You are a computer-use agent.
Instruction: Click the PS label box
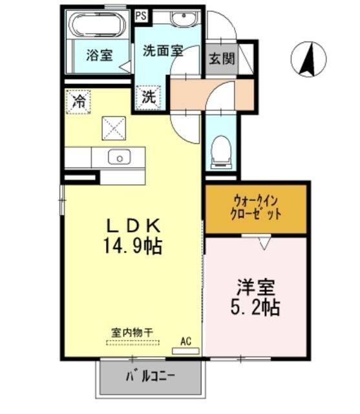(141, 16)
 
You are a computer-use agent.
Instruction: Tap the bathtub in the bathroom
(97, 25)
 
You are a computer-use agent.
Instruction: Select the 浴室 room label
(100, 55)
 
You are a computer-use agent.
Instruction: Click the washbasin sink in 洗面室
(184, 17)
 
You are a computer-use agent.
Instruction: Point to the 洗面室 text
(164, 50)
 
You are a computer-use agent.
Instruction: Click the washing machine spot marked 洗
(149, 97)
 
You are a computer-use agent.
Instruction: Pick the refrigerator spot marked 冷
(79, 102)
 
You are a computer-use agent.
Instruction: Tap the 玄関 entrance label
(222, 58)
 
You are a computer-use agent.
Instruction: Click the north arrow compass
(308, 59)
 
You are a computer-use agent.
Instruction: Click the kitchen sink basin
(119, 157)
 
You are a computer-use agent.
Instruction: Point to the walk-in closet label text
(256, 208)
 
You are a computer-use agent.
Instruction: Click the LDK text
(133, 226)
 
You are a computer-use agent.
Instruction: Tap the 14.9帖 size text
(132, 246)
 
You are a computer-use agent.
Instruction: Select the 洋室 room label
(256, 287)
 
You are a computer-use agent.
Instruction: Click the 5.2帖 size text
(255, 307)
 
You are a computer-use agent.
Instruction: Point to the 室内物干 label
(132, 332)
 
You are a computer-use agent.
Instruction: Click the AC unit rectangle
(185, 351)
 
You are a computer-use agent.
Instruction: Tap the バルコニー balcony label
(150, 376)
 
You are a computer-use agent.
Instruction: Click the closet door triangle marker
(264, 243)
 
